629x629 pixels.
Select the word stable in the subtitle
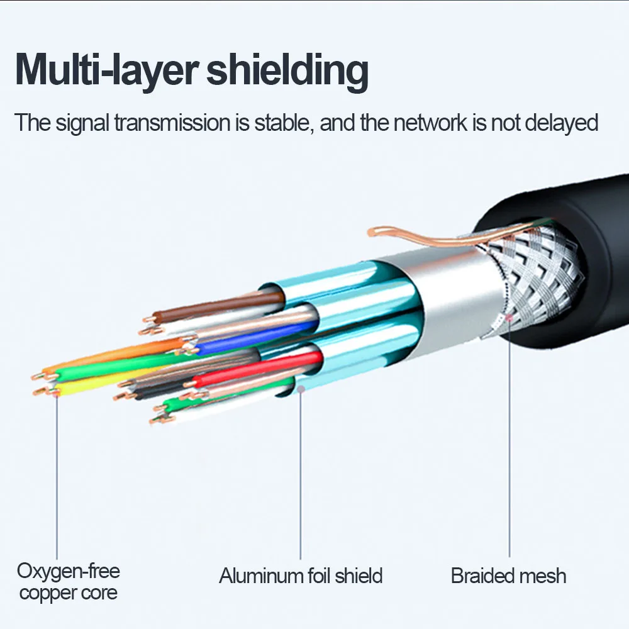click(x=284, y=123)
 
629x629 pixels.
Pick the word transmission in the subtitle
click(x=173, y=123)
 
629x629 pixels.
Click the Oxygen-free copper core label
click(x=68, y=582)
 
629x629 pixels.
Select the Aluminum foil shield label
click(x=301, y=576)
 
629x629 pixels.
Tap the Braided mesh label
click(x=509, y=576)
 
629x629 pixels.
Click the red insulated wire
click(x=257, y=368)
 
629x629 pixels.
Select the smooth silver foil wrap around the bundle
click(x=445, y=297)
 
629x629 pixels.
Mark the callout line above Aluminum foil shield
click(x=301, y=474)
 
